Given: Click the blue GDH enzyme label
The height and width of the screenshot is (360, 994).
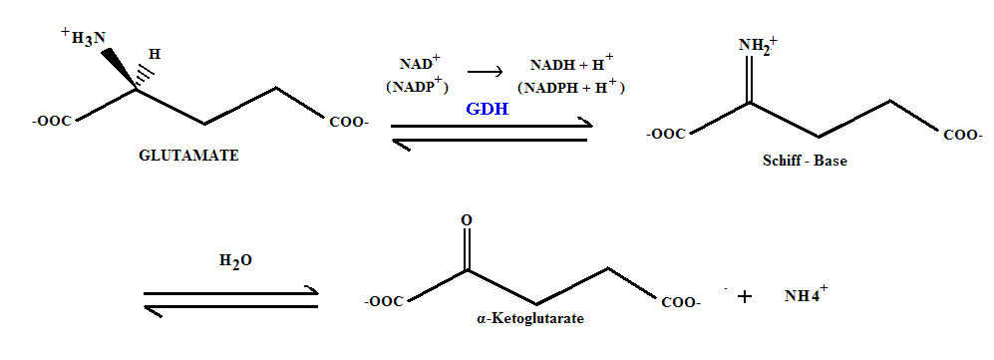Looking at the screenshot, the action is (x=487, y=110).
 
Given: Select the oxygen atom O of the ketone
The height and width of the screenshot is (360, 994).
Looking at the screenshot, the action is (x=467, y=219).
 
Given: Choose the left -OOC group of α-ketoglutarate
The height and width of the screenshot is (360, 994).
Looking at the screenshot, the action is (x=384, y=301).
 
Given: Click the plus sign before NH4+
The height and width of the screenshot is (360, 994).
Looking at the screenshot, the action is (x=743, y=296).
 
